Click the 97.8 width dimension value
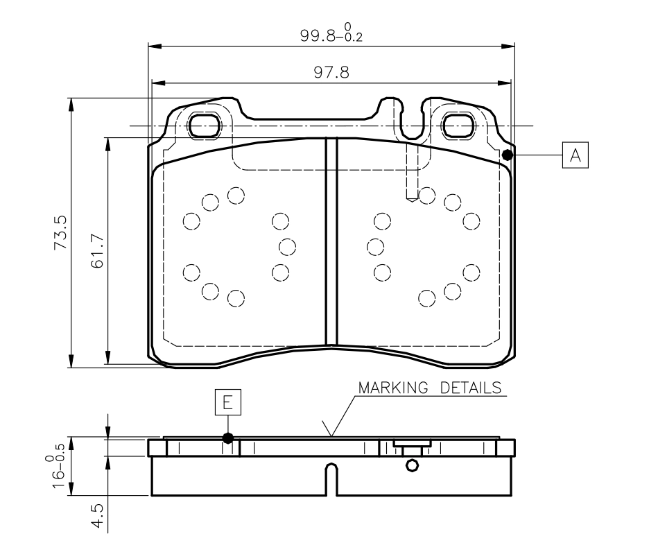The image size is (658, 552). click(x=331, y=73)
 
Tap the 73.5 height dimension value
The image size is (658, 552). click(x=60, y=232)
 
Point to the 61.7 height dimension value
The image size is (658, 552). click(x=97, y=251)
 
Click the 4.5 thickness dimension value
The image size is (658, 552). click(x=97, y=515)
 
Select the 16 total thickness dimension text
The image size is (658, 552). click(x=59, y=479)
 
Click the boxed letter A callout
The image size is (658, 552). click(x=575, y=155)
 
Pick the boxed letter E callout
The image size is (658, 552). click(x=228, y=402)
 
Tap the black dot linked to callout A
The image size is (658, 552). click(x=508, y=155)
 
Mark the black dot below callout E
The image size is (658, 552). click(x=228, y=438)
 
